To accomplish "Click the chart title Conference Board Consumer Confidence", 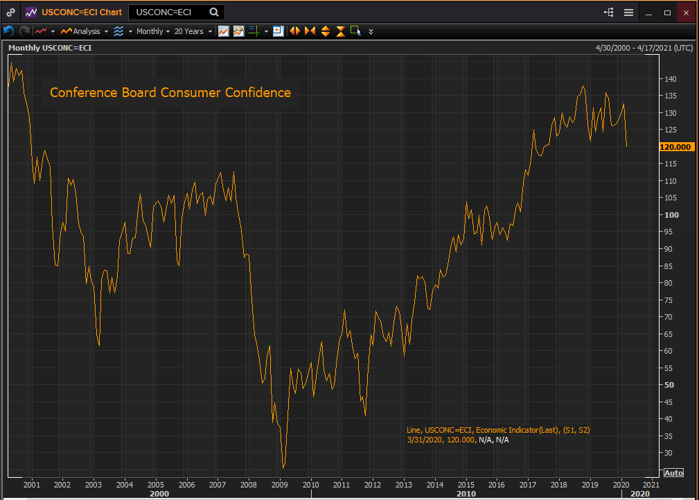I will click(x=170, y=92).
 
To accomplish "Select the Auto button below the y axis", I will click(x=673, y=473).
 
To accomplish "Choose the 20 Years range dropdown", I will click(x=192, y=31).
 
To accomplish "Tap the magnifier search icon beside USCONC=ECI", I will click(x=214, y=12).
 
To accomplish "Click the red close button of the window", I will click(x=686, y=12).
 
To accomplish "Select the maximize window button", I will click(x=668, y=12).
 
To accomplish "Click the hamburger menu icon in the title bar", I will click(x=628, y=12).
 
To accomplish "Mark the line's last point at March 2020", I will click(x=627, y=147).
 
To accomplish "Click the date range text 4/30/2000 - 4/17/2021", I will click(x=644, y=48).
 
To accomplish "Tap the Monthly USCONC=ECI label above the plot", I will click(x=50, y=48).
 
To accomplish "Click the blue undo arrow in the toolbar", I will click(x=9, y=31).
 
